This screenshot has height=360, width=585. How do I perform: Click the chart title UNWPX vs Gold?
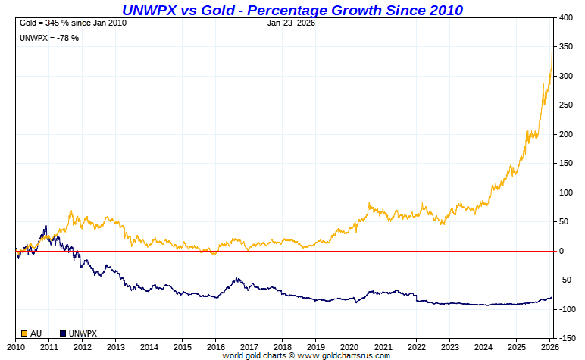pyautogui.click(x=292, y=9)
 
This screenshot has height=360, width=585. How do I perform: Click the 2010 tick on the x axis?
pyautogui.click(x=15, y=346)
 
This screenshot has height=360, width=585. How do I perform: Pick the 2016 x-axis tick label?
pyautogui.click(x=215, y=346)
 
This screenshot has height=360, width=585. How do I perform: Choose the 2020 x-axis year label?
pyautogui.click(x=349, y=346)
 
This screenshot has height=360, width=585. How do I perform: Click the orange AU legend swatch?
pyautogui.click(x=24, y=333)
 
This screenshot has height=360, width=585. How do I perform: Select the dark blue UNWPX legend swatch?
pyautogui.click(x=63, y=333)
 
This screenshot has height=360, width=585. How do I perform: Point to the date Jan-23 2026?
pyautogui.click(x=292, y=23)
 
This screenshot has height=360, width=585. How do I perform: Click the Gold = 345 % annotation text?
pyautogui.click(x=73, y=23)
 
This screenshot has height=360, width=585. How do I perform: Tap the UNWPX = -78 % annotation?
pyautogui.click(x=50, y=38)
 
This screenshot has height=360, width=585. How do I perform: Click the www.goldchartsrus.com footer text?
pyautogui.click(x=343, y=355)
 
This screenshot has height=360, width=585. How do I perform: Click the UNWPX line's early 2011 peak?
pyautogui.click(x=46, y=226)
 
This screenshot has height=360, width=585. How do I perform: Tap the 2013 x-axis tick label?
pyautogui.click(x=115, y=346)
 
